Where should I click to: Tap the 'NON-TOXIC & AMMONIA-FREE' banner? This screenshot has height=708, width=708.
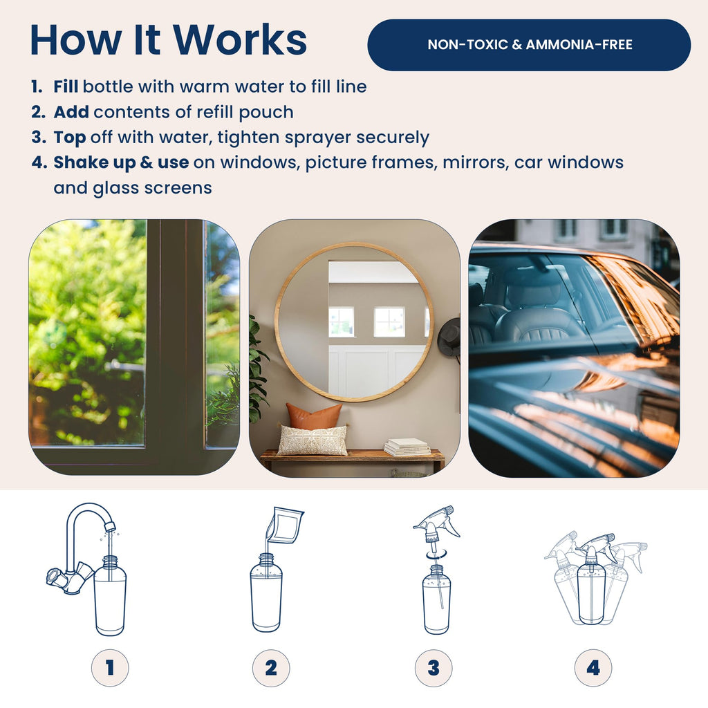click(529, 45)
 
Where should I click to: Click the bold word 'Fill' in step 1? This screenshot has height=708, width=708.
click(66, 86)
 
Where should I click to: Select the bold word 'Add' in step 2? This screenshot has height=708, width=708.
click(71, 111)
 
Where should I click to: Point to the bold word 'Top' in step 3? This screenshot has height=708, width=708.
click(70, 138)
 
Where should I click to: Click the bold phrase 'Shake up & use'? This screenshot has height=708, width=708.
click(121, 162)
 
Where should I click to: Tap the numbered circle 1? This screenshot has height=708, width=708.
click(110, 668)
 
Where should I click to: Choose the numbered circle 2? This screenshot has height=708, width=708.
click(271, 668)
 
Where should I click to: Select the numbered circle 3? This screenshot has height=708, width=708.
click(434, 668)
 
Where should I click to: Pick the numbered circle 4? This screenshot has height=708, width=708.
click(593, 668)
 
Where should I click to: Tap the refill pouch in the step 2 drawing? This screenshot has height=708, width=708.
click(284, 525)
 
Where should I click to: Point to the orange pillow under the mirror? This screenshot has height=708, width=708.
click(315, 416)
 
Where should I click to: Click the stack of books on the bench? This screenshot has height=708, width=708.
click(408, 447)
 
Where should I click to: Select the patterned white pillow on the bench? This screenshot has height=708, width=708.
click(312, 440)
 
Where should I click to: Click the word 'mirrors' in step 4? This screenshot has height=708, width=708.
click(474, 162)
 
